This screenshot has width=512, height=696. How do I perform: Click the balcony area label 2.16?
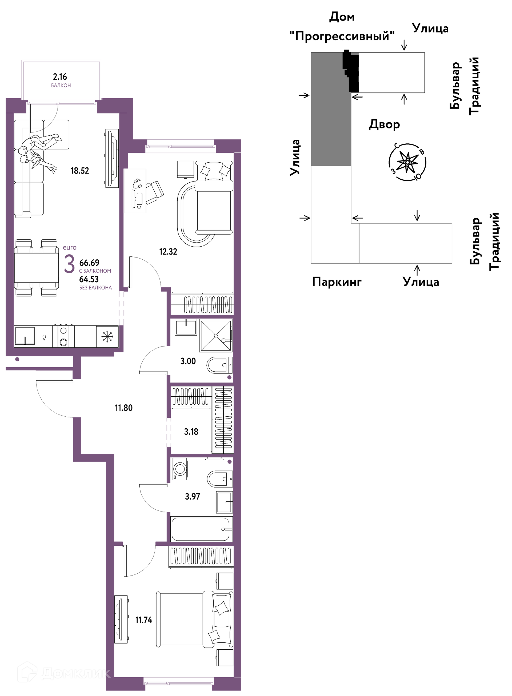(x=60, y=77)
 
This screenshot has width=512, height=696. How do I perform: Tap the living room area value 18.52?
(x=80, y=171)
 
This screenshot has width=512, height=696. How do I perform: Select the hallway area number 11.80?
(x=124, y=408)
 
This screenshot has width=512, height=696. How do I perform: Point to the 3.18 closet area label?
(x=191, y=432)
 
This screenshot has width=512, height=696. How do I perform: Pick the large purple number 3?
(x=69, y=264)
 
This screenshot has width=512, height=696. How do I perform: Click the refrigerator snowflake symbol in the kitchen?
(x=107, y=336)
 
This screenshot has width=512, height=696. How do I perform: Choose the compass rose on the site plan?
(x=407, y=162)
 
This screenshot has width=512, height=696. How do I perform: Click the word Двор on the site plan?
(x=384, y=124)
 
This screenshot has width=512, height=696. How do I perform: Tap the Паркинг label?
(x=337, y=282)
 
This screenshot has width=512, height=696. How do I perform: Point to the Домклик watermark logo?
(x=63, y=673)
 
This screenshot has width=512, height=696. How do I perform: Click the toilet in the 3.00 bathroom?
(x=219, y=365)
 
